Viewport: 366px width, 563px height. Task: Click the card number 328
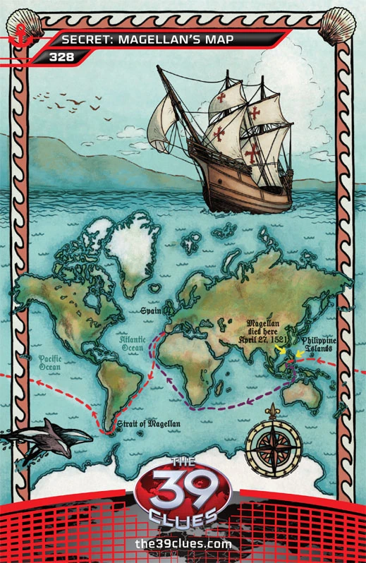pyautogui.click(x=59, y=56)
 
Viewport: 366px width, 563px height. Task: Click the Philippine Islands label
pyautogui.click(x=328, y=345)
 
